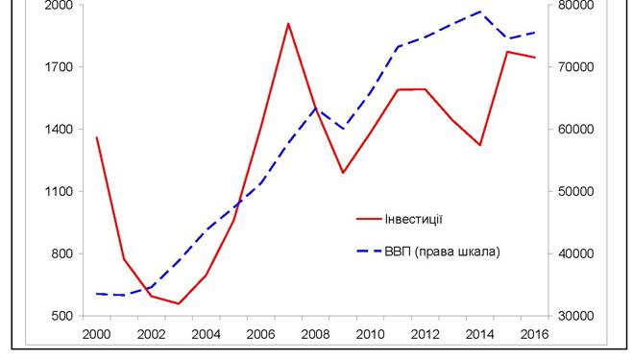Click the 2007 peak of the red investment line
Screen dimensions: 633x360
288,23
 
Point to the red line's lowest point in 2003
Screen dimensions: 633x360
179,303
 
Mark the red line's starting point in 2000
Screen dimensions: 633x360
97,137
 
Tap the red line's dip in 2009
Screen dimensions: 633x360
343,173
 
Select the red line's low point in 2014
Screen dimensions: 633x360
480,145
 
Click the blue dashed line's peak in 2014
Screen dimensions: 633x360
480,12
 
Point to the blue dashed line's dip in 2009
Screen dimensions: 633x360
343,129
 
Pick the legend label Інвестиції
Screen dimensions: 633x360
414,219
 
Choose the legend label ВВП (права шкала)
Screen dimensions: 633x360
443,252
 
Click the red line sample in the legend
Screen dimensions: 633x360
369,219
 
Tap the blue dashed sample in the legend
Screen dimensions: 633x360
369,252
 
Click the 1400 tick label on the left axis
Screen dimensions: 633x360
59,130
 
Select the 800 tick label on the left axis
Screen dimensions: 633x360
62,253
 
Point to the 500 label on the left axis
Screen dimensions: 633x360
62,316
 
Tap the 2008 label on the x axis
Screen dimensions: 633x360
316,334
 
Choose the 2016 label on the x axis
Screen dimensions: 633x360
534,334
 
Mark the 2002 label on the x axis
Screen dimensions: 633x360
152,334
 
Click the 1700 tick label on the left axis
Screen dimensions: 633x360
59,67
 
